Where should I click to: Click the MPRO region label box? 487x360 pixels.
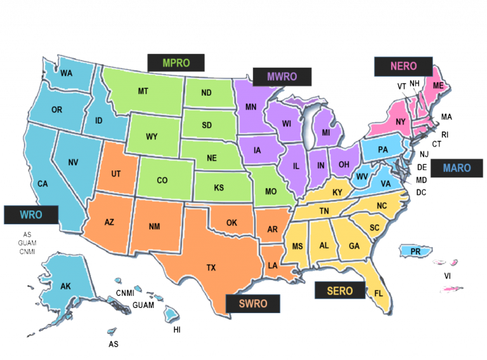tap(176, 63)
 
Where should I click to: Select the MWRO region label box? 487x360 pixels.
tap(282, 77)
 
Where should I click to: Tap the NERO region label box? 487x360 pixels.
tap(403, 67)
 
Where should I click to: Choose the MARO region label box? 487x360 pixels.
tap(457, 168)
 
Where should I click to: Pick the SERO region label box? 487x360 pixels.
tap(341, 291)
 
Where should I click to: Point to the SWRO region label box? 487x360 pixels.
tap(253, 304)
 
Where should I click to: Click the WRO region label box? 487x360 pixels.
tap(31, 215)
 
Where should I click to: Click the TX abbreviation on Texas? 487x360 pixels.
tap(211, 267)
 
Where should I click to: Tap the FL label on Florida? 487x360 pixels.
tap(379, 293)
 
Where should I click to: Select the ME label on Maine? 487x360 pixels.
tap(438, 86)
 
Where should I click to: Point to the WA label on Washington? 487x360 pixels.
tap(67, 73)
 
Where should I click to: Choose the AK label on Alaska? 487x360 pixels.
tap(65, 286)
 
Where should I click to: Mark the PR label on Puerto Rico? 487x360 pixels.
tap(416, 252)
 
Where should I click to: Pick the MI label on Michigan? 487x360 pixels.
tap(326, 132)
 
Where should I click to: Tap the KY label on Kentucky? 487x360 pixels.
tap(337, 192)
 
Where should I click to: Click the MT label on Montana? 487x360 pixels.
tap(143, 91)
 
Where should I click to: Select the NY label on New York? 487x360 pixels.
tap(400, 122)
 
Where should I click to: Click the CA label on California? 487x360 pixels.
tap(42, 184)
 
